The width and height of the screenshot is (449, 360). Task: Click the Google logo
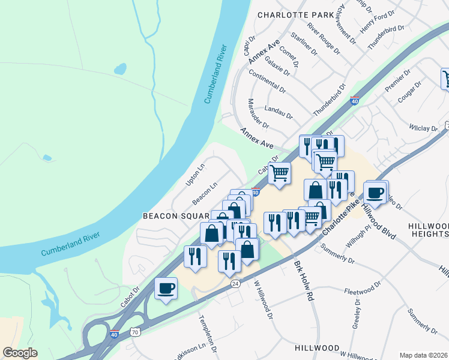[20, 352]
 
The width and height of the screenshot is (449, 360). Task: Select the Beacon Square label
[175, 215]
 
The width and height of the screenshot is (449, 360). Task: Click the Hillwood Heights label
[427, 229]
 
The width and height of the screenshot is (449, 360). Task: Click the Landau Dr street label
[279, 112]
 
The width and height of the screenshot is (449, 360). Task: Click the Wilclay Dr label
[423, 128]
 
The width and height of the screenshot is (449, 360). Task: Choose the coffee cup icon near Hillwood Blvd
[375, 193]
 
